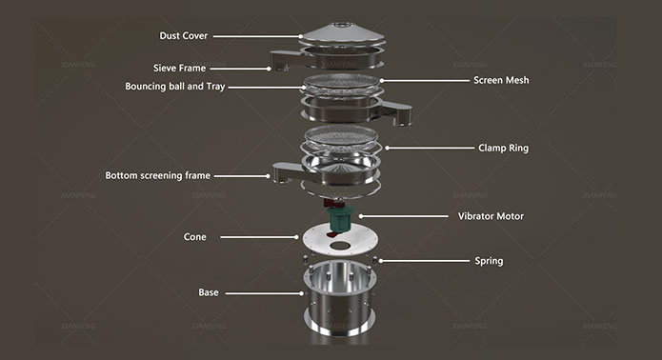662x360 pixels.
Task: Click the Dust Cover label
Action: (x=183, y=36)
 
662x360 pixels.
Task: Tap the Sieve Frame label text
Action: (x=179, y=68)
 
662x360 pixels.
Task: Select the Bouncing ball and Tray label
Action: (x=175, y=87)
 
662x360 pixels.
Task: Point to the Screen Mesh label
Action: (x=501, y=80)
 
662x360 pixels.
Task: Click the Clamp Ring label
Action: (x=503, y=149)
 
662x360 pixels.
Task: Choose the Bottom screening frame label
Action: (x=157, y=175)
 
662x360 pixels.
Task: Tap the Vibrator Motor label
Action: (x=491, y=216)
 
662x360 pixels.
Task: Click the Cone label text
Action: (x=194, y=237)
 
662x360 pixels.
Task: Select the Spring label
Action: (x=489, y=261)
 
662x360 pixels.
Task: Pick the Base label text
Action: (x=209, y=292)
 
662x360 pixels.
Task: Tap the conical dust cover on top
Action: (x=342, y=33)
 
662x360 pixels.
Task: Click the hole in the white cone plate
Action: (x=342, y=245)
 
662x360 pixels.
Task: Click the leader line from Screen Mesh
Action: (x=425, y=80)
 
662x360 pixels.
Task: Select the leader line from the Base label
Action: (x=264, y=293)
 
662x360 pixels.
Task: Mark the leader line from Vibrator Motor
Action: (x=404, y=216)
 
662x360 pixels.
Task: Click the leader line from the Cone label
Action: (x=259, y=237)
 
